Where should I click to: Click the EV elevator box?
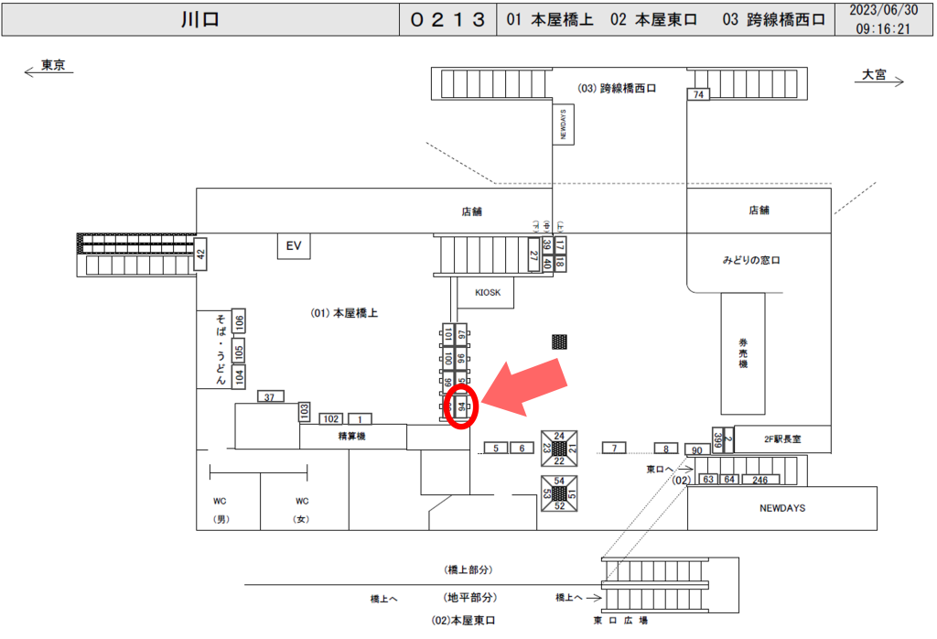pyautogui.click(x=294, y=246)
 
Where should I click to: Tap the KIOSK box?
pyautogui.click(x=486, y=293)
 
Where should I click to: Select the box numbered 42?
pyautogui.click(x=201, y=255)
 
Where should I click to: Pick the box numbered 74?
pyautogui.click(x=699, y=94)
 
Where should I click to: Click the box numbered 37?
pyautogui.click(x=269, y=397)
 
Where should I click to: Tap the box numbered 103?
pyautogui.click(x=305, y=412)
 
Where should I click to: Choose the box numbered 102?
pyautogui.click(x=330, y=418)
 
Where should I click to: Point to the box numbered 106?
pyautogui.click(x=238, y=322)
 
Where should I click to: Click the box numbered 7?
pyautogui.click(x=614, y=448)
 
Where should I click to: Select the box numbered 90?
pyautogui.click(x=696, y=450)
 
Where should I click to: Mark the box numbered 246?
pyautogui.click(x=759, y=479)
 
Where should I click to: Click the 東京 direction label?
pyautogui.click(x=53, y=66)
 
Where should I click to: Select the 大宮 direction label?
pyautogui.click(x=874, y=75)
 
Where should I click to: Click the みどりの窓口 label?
pyautogui.click(x=750, y=261)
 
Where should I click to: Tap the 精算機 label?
pyautogui.click(x=353, y=437)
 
